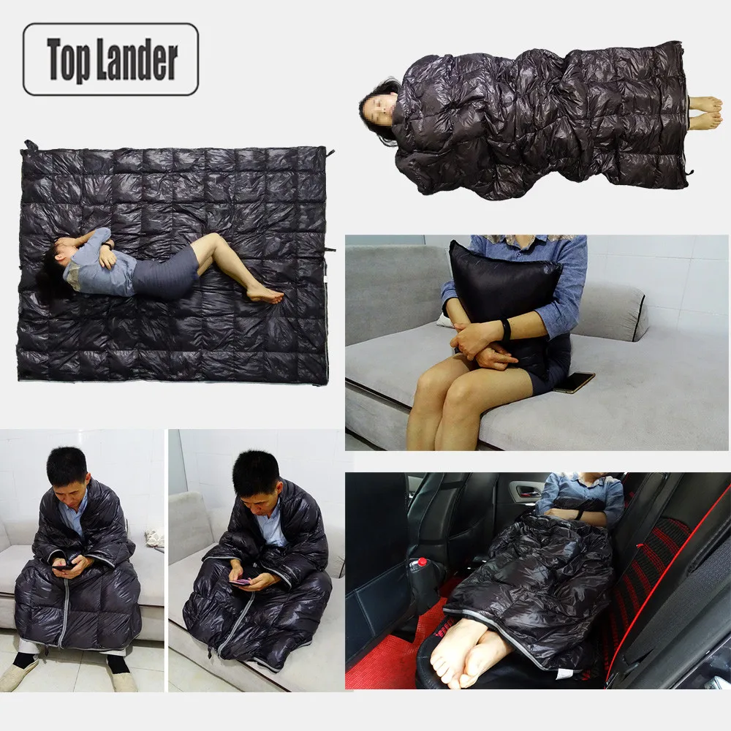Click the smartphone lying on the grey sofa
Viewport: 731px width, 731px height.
575,382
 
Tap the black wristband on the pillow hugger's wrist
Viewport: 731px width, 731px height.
505,330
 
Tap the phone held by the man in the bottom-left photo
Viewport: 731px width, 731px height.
63,564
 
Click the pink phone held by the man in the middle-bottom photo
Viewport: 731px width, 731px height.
240,582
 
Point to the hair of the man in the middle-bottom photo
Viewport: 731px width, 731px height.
256,471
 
